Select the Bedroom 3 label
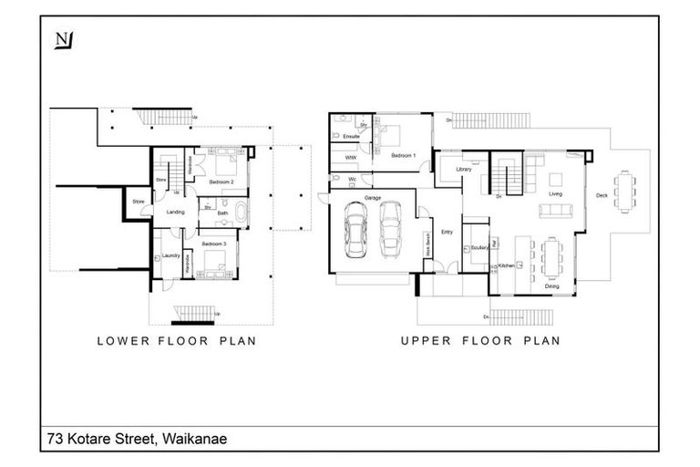(214, 244)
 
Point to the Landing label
(175, 212)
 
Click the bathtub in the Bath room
(240, 215)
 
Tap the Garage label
(372, 197)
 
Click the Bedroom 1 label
(403, 156)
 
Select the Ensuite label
(351, 137)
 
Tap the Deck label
(601, 194)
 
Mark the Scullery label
(477, 247)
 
